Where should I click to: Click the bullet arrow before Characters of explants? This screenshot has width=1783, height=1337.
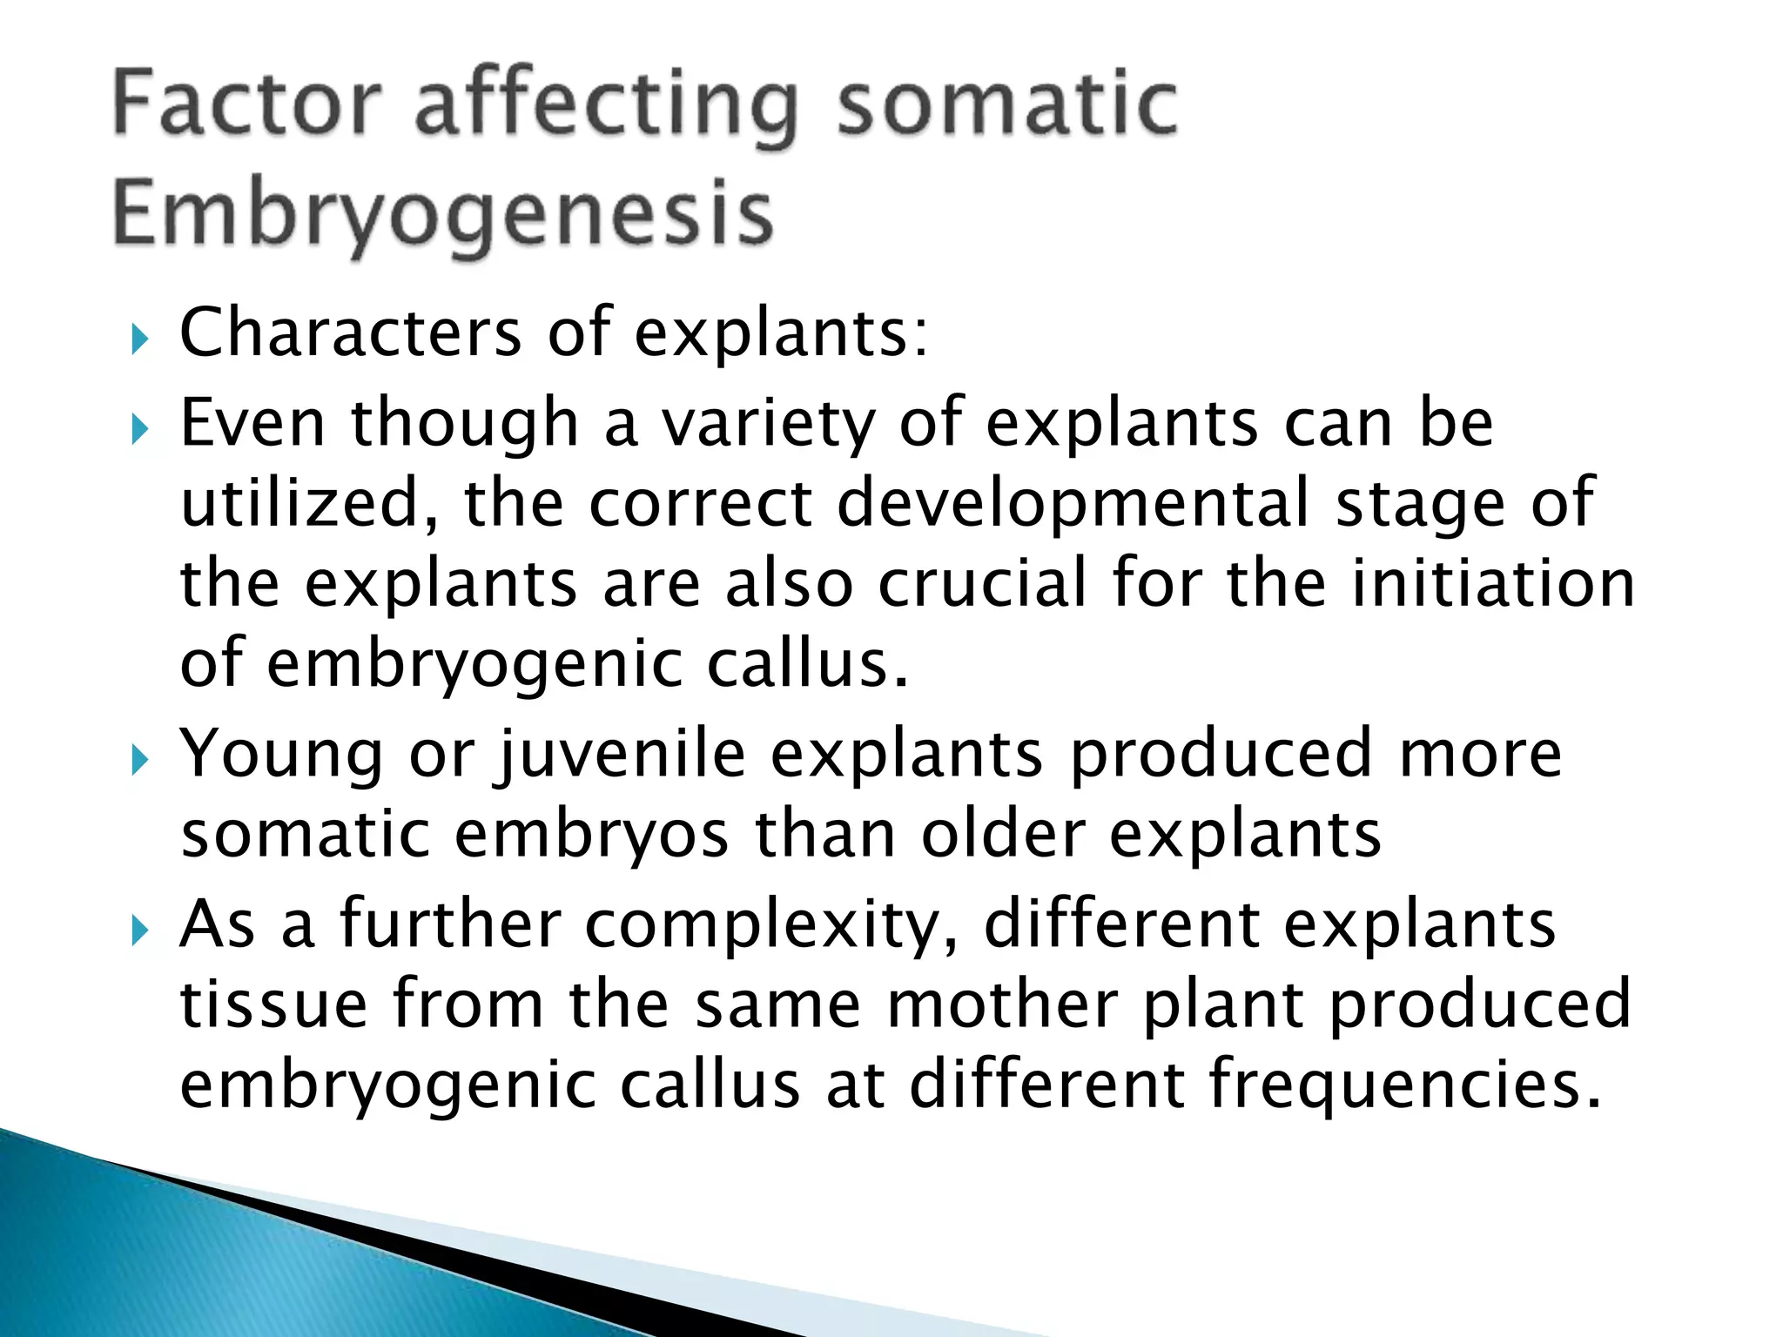pyautogui.click(x=140, y=338)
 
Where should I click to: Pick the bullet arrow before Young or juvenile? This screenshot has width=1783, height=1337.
pyautogui.click(x=140, y=760)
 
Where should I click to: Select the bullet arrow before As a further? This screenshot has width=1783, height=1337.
pyautogui.click(x=140, y=931)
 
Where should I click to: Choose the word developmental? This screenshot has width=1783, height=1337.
pyautogui.click(x=1073, y=503)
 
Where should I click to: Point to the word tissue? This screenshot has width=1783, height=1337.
pyautogui.click(x=273, y=1004)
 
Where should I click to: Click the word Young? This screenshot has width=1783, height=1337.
pyautogui.click(x=280, y=755)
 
